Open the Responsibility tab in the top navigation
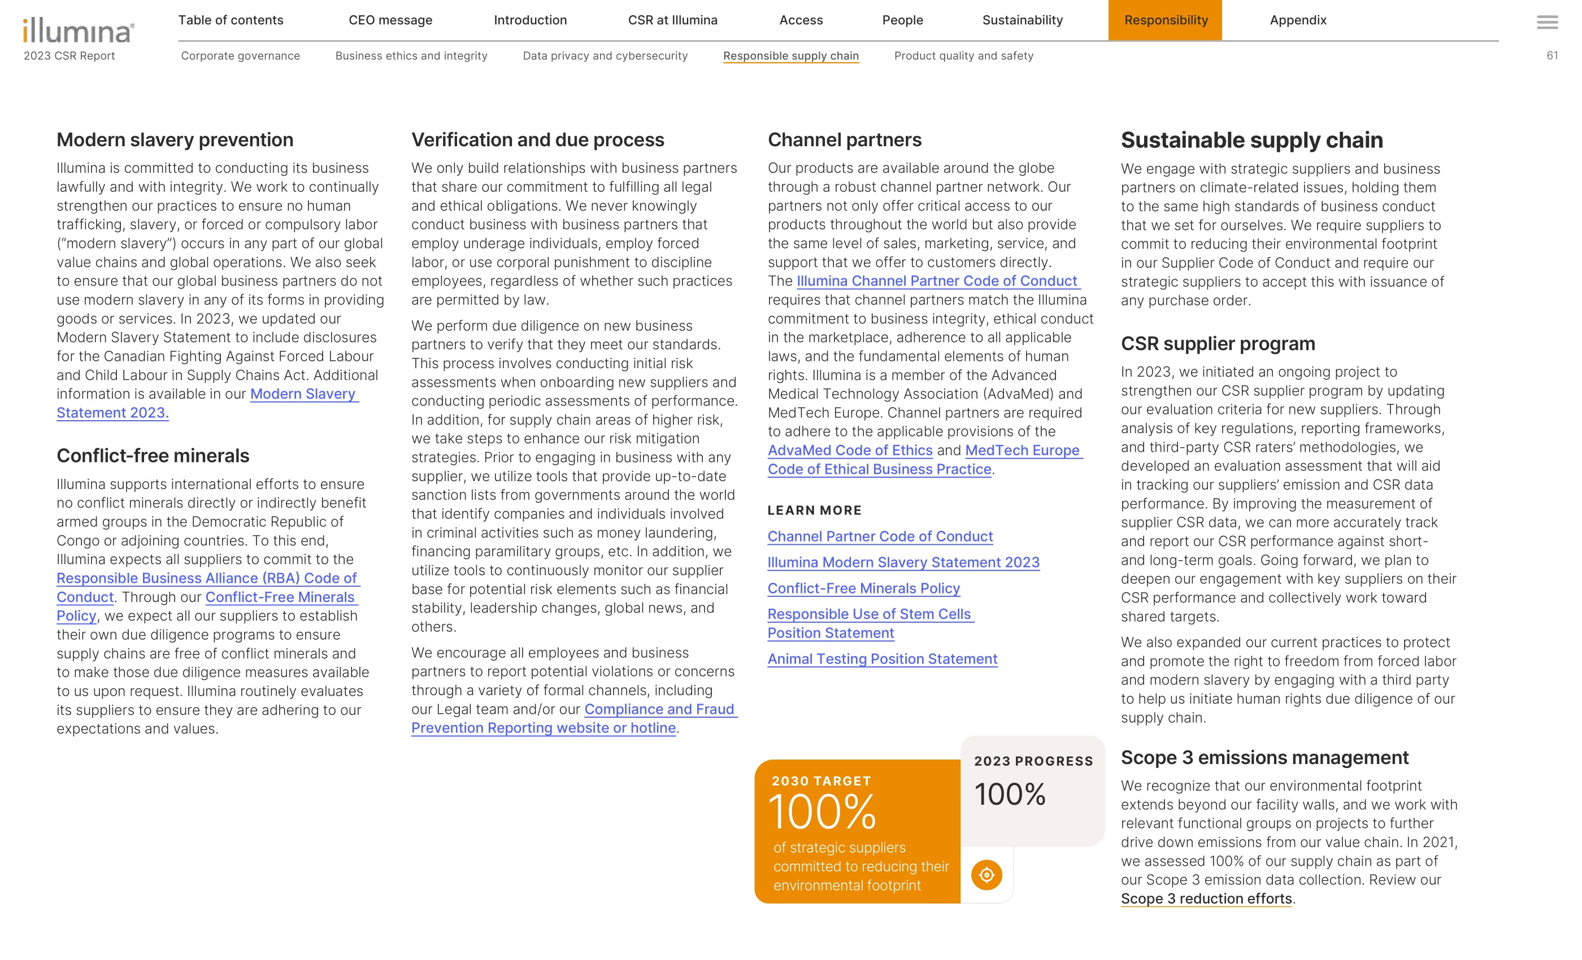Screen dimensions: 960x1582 tap(1165, 20)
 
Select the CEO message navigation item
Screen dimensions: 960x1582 tap(390, 20)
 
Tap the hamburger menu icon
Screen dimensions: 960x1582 tap(1547, 23)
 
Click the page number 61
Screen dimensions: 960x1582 tap(1552, 56)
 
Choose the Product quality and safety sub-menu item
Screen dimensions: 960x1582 tap(963, 56)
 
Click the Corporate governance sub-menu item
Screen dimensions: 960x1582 tap(240, 56)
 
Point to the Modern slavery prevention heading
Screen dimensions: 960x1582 tap(175, 140)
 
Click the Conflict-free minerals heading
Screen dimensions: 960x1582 tap(153, 456)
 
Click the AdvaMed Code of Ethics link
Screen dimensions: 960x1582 tap(849, 451)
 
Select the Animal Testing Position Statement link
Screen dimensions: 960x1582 tap(882, 659)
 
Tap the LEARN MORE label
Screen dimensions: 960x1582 tap(814, 510)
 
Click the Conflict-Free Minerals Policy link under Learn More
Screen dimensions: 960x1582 tap(863, 588)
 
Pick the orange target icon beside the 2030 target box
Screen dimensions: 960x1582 tap(986, 875)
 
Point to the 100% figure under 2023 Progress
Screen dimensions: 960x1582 tap(1010, 795)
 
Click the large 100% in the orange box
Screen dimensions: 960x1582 tap(822, 812)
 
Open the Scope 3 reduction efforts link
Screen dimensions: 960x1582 tap(1206, 898)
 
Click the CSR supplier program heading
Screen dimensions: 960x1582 tap(1218, 344)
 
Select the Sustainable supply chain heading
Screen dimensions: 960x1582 tap(1251, 140)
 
